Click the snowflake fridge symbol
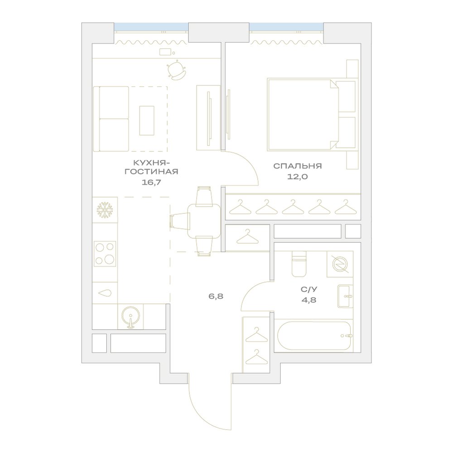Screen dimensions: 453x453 click(x=105, y=210)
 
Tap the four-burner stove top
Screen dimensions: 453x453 click(x=105, y=254)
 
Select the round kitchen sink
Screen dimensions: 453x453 click(x=130, y=317)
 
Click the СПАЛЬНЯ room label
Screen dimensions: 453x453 click(x=297, y=166)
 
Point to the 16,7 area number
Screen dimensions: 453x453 click(x=151, y=182)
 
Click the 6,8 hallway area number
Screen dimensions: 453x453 click(x=216, y=296)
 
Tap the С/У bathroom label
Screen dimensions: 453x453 click(x=308, y=289)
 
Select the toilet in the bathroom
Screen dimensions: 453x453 click(x=299, y=264)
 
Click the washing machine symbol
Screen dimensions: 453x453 click(x=340, y=264)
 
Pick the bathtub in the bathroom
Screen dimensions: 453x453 click(x=314, y=336)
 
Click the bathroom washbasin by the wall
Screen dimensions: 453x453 click(x=345, y=296)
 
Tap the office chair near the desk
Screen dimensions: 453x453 click(x=176, y=70)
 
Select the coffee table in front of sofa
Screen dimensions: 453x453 click(x=147, y=120)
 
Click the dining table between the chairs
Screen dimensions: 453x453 click(x=204, y=221)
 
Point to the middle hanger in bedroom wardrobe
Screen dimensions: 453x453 click(x=293, y=207)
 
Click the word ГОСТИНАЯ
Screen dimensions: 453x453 click(x=151, y=172)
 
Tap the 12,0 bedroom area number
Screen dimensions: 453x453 click(x=297, y=177)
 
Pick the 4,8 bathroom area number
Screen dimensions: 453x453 click(x=308, y=300)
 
